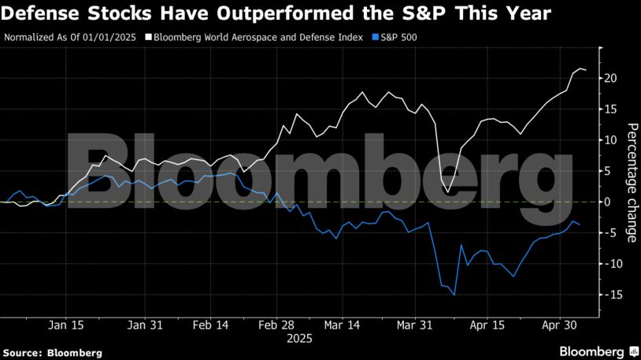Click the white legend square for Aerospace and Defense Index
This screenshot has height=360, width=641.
(148, 37)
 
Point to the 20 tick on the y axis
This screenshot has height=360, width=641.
(610, 78)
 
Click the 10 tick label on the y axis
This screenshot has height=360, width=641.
(610, 140)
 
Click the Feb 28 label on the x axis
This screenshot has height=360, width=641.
(278, 325)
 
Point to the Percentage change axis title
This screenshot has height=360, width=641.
(631, 182)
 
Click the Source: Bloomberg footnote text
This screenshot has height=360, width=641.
(52, 353)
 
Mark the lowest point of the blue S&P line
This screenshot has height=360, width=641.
(454, 295)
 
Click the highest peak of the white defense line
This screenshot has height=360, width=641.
(580, 69)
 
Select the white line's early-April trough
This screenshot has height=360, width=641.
(447, 192)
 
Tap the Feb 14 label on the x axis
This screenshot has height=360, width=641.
(210, 325)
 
